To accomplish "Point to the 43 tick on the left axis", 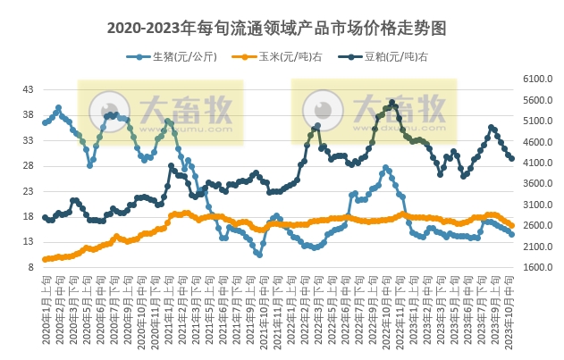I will pyautogui.click(x=28, y=90).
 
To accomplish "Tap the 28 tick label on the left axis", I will pyautogui.click(x=28, y=166).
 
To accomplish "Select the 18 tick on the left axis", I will pyautogui.click(x=28, y=217).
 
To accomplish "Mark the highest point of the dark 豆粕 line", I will pyautogui.click(x=391, y=102).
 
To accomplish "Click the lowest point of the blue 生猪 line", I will pyautogui.click(x=259, y=255).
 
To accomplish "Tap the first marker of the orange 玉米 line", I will pyautogui.click(x=45, y=259).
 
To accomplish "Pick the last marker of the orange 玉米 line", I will pyautogui.click(x=511, y=225).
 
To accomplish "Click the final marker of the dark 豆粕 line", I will pyautogui.click(x=511, y=158).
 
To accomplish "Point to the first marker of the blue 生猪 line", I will pyautogui.click(x=45, y=122).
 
